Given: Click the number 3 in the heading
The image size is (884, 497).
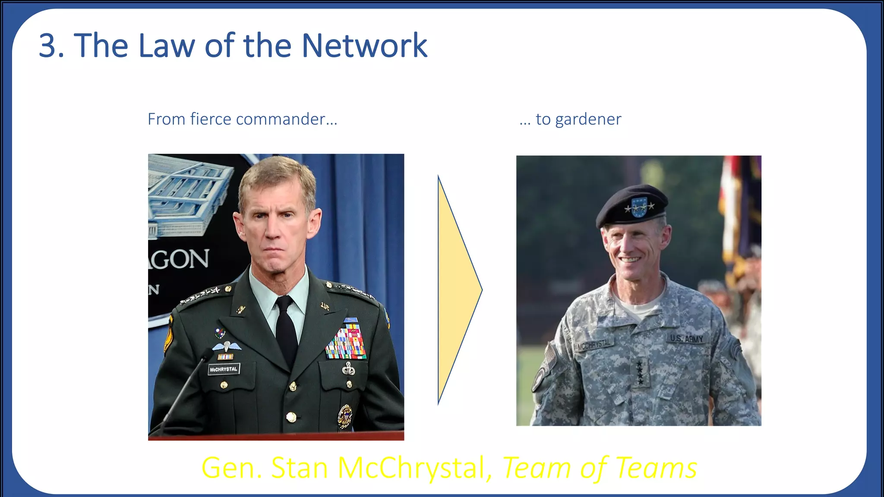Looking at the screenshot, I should tap(48, 45).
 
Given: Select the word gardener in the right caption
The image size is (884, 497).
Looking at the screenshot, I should tap(588, 120).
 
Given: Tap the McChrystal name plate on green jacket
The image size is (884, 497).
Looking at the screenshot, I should tap(223, 369).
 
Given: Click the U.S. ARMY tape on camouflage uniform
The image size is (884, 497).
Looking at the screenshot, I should tap(686, 339).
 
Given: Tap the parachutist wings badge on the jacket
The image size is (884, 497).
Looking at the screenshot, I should tap(226, 346).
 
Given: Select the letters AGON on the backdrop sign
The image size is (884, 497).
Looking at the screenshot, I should tap(180, 259).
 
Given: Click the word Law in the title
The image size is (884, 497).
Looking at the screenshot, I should tap(166, 45).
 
